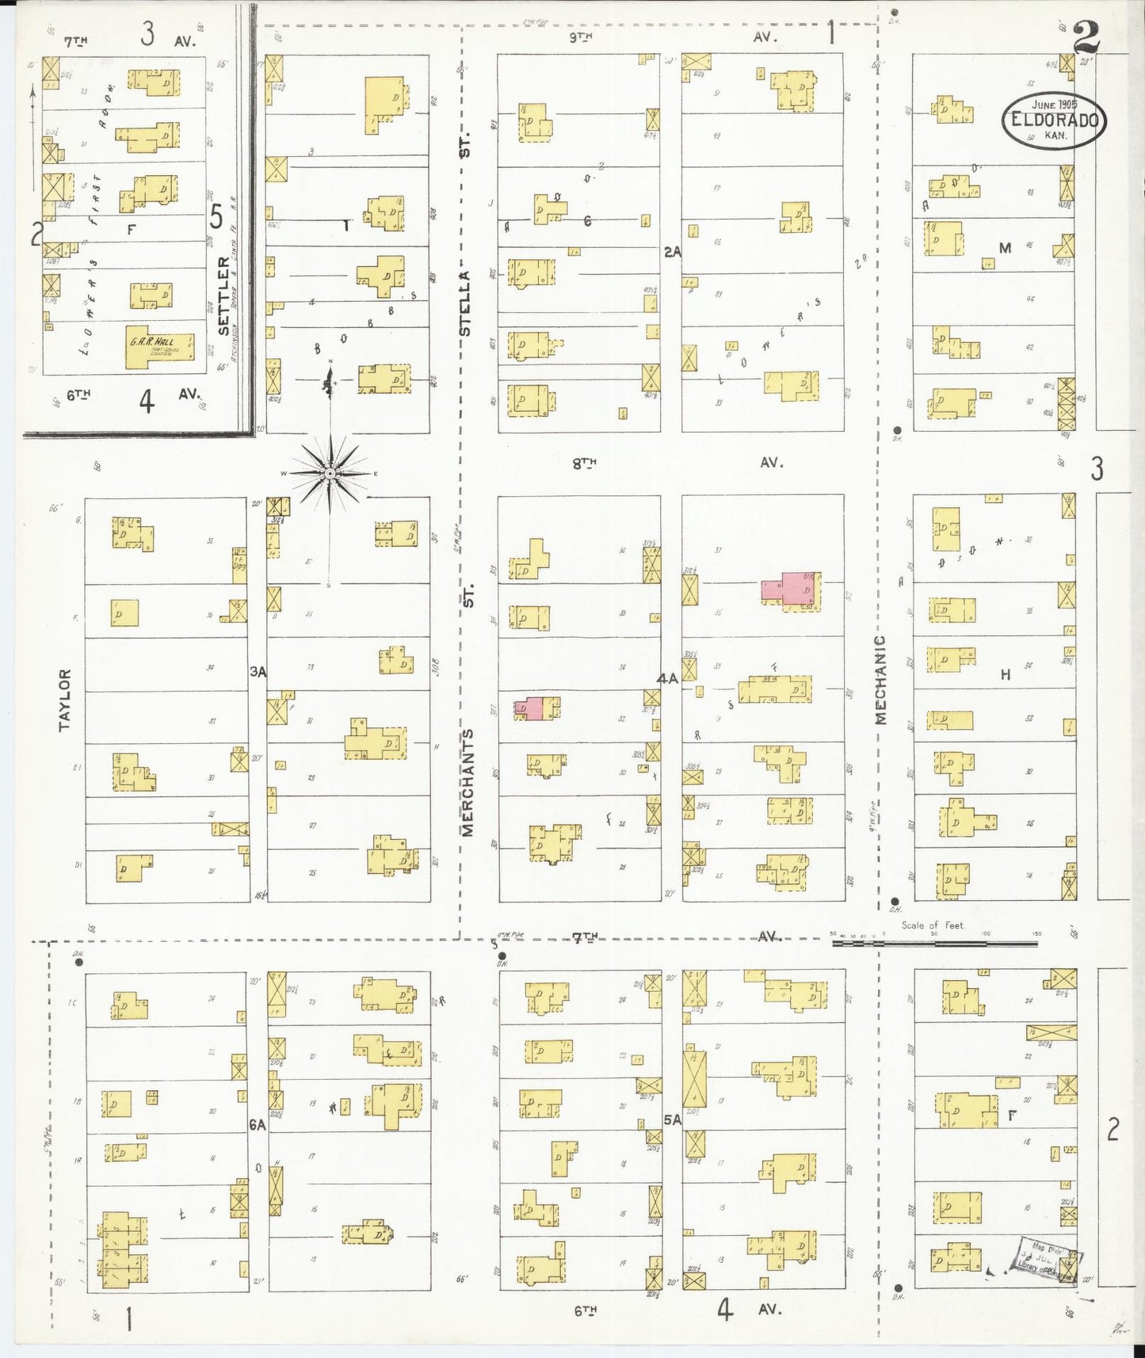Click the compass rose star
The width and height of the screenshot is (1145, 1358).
(330, 474)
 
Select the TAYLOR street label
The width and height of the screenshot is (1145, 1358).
(65, 699)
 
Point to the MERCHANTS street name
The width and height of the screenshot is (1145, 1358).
(468, 782)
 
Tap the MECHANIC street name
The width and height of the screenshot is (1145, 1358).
(880, 679)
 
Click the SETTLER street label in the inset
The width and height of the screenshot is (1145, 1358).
(224, 295)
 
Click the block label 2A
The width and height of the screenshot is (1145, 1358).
(672, 251)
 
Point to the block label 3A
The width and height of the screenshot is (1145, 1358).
(258, 672)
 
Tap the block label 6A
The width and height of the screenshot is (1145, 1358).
(257, 1123)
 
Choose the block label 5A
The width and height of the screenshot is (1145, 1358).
(672, 1120)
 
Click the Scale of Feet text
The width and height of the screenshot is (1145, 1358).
(933, 925)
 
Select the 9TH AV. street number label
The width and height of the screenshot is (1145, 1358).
(580, 36)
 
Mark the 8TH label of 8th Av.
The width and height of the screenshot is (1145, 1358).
(585, 463)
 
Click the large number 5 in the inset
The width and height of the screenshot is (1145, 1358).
(216, 216)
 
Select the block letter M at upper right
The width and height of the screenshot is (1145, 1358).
(1005, 248)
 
